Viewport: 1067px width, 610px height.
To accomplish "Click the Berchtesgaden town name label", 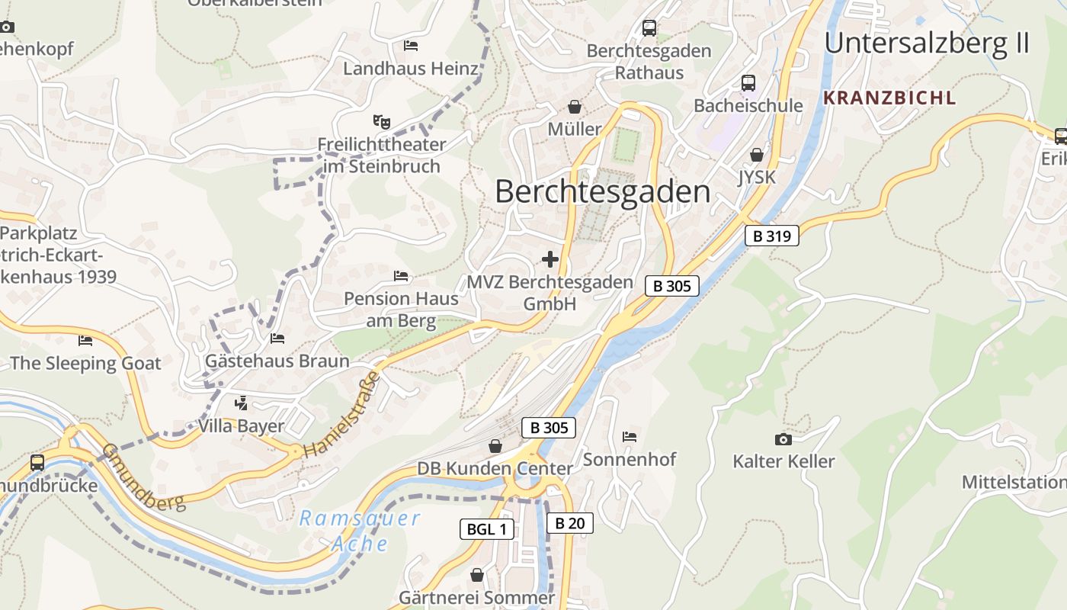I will tap(602, 191).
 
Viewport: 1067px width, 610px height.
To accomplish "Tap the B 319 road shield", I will tap(771, 236).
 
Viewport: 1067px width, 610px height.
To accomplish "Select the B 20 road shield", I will tap(569, 523).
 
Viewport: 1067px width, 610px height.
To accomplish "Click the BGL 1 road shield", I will tap(487, 529).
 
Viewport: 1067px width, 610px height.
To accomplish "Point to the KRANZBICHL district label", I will tap(889, 98).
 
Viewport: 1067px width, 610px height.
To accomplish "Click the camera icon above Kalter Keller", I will tap(783, 439).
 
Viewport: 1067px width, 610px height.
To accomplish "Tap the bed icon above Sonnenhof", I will tap(630, 437).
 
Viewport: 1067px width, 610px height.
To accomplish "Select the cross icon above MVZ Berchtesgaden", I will tap(550, 259).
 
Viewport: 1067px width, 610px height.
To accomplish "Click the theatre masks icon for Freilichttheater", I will tap(381, 121).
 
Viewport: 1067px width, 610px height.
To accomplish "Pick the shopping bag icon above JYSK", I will tap(756, 155).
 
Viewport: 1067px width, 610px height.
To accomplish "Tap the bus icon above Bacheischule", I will tap(748, 82).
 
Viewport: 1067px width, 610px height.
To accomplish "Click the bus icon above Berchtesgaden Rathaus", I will tap(649, 28).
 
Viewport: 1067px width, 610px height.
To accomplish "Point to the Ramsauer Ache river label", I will tap(359, 531).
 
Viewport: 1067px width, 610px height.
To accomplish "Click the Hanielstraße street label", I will tap(341, 416).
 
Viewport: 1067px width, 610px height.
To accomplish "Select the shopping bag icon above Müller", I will tap(575, 107).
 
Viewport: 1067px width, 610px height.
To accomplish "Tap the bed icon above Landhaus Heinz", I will tap(411, 46).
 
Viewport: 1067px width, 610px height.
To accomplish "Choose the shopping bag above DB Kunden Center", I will tap(495, 446).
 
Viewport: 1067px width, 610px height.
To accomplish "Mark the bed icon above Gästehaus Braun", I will tap(277, 338).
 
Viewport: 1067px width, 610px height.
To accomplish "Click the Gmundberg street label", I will tap(144, 477).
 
